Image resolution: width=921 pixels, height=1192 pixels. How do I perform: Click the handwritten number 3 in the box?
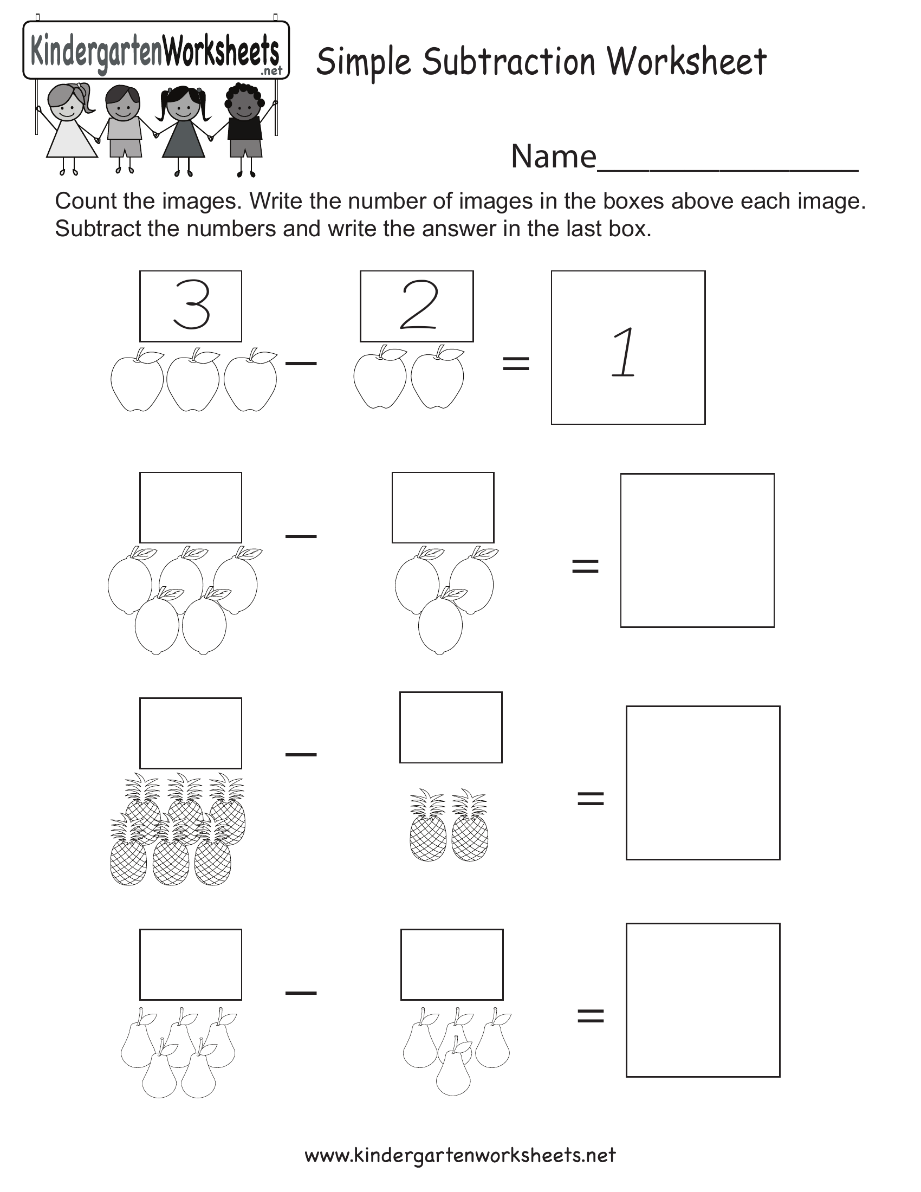click(191, 305)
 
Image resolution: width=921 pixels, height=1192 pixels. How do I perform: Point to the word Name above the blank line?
click(553, 157)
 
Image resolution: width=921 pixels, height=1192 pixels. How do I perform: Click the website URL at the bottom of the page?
click(460, 1155)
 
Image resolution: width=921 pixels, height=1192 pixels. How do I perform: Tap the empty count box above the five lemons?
click(190, 508)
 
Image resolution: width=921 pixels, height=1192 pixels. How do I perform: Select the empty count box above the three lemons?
click(443, 508)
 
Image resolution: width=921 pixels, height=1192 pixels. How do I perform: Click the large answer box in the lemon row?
click(697, 550)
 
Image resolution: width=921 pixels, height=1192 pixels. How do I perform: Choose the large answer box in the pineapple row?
click(703, 783)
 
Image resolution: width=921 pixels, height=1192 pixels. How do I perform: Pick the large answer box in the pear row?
click(703, 1000)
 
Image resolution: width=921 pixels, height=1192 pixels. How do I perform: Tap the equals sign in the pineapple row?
click(591, 799)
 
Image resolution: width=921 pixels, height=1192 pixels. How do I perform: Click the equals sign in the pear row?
click(591, 1016)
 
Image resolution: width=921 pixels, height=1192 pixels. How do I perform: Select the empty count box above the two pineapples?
click(451, 728)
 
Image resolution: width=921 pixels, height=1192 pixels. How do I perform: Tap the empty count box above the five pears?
click(190, 964)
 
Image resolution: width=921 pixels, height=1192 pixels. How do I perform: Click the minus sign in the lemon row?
click(301, 536)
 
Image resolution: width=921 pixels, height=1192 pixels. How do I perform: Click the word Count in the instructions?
click(86, 202)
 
